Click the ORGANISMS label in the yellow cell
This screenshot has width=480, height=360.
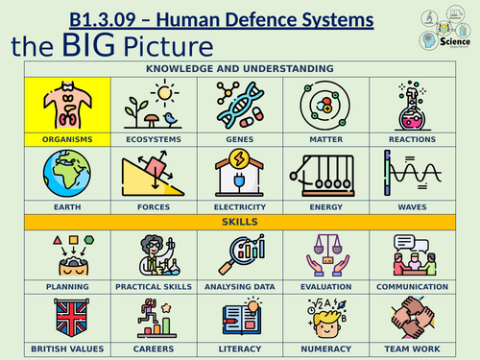pyautogui.click(x=67, y=139)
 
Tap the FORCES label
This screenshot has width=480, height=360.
pyautogui.click(x=154, y=206)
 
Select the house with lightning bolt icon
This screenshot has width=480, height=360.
pyautogui.click(x=241, y=173)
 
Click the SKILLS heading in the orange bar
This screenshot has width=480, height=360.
pyautogui.click(x=241, y=222)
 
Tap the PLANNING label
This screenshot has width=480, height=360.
pyautogui.click(x=67, y=286)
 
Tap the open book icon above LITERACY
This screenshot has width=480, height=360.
pyautogui.click(x=241, y=320)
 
